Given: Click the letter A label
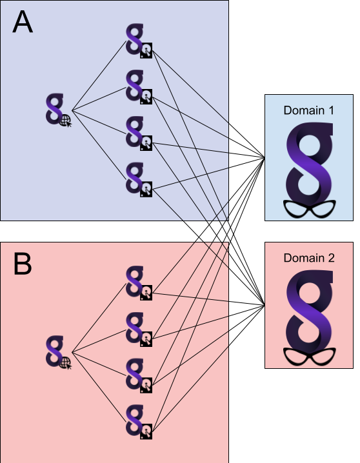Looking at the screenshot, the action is [23, 23].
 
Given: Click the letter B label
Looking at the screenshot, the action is [23, 264].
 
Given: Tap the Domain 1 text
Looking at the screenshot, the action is [308, 110].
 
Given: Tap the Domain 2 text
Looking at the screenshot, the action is [309, 258].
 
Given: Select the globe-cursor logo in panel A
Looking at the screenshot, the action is [59, 110].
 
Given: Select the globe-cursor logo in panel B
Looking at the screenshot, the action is [59, 352].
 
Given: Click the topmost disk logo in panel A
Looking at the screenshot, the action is [139, 41].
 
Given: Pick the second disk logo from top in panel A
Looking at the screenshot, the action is [139, 87].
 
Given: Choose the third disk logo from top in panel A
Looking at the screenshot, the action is [139, 133].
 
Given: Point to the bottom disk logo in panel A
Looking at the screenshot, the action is [139, 179].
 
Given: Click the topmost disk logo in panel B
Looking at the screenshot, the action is [139, 283].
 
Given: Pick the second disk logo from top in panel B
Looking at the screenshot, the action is [139, 330].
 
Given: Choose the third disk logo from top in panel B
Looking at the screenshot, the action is [139, 375].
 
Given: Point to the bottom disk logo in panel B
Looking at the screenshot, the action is [139, 422].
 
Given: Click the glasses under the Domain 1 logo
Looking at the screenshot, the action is [309, 209].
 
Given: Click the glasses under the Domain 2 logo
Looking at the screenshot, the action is [309, 357].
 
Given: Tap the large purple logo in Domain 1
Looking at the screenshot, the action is [310, 164].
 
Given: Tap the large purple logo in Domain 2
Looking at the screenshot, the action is [310, 311].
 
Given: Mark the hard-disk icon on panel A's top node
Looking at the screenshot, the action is [146, 50].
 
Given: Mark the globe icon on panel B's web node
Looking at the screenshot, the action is [66, 363].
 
